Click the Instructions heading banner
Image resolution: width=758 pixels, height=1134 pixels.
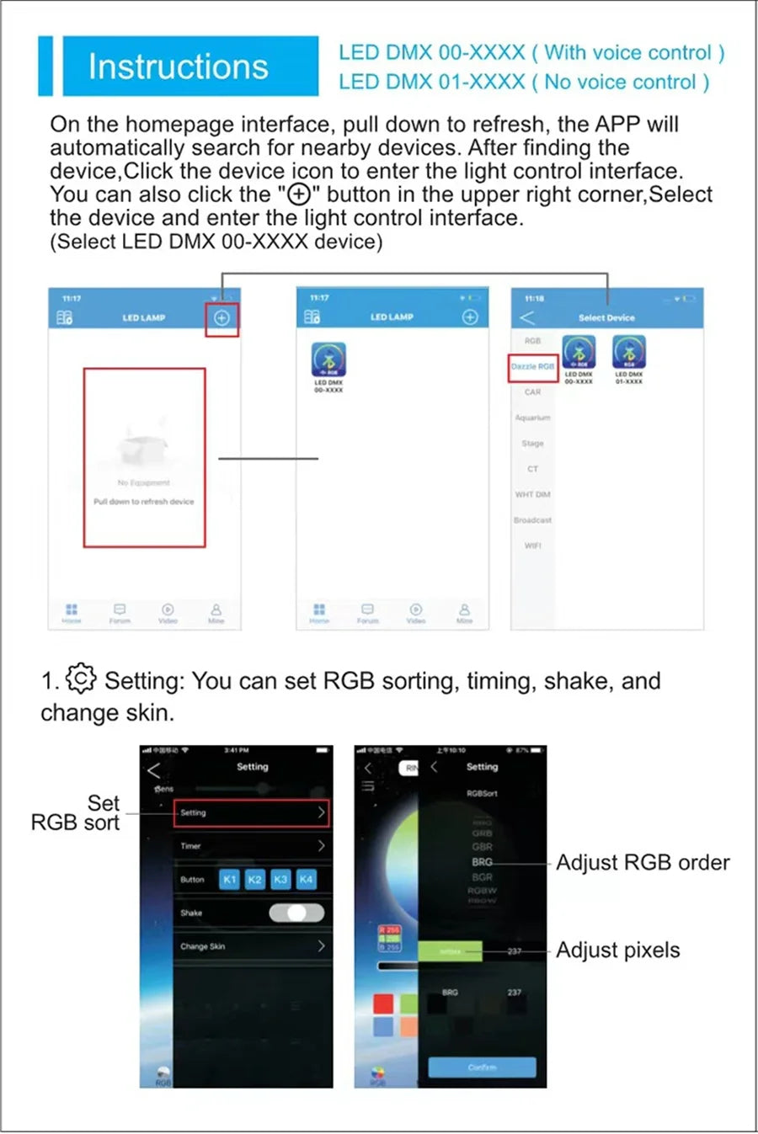178,66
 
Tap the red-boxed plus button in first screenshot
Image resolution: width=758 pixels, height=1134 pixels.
222,318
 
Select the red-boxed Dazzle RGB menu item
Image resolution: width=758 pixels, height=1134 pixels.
532,367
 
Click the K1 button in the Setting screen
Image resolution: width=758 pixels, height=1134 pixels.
229,879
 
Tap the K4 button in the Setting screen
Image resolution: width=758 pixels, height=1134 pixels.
306,879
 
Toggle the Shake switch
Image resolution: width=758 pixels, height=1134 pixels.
296,913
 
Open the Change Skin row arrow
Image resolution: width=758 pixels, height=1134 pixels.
321,946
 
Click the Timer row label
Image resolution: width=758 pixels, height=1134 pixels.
191,846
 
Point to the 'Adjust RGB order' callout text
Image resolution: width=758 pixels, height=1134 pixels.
643,863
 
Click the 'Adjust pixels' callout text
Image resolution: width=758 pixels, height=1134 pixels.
617,950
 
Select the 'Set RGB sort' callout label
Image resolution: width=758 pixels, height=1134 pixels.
76,812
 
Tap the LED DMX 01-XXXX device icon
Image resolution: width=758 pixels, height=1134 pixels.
628,353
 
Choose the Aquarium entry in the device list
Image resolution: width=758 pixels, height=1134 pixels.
532,418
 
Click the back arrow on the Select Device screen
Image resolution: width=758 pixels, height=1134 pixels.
527,317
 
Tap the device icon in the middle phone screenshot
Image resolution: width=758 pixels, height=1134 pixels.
328,360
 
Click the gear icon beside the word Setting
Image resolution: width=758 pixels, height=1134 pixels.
81,679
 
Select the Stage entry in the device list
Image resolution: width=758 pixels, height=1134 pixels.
532,443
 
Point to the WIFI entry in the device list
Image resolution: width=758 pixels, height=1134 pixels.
532,546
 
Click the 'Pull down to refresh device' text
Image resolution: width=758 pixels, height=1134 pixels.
144,502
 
